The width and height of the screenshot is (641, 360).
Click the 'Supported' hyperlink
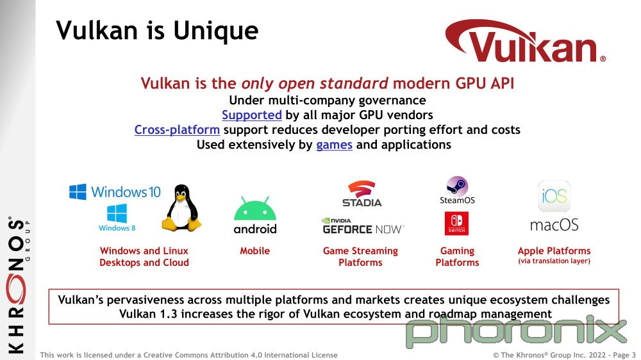point(252,115)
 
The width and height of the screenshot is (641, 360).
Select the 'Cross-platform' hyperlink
point(177,130)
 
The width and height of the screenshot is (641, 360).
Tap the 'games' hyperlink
point(334,145)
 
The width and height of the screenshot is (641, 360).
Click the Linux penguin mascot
point(181,208)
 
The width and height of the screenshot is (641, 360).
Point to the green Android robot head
point(255,209)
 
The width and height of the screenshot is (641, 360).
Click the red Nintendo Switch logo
point(456,223)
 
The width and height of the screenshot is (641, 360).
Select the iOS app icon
point(554,196)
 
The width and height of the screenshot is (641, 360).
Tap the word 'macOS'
point(554,225)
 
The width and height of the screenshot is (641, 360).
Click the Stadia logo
point(362,193)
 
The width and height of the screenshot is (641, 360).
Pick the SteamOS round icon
point(457,187)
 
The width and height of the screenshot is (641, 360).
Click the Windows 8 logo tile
point(117,214)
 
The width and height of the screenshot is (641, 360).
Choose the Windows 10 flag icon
point(78,192)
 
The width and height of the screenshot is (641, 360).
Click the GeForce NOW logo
point(363,226)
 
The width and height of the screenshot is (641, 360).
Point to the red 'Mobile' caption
point(254,251)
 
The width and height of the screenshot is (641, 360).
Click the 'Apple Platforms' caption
point(554,251)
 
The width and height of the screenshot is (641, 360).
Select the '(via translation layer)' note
point(554,261)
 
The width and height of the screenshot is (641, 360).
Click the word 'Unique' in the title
point(216,31)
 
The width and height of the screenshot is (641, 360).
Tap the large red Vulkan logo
point(526,41)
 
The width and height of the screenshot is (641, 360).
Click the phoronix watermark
point(516,331)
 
